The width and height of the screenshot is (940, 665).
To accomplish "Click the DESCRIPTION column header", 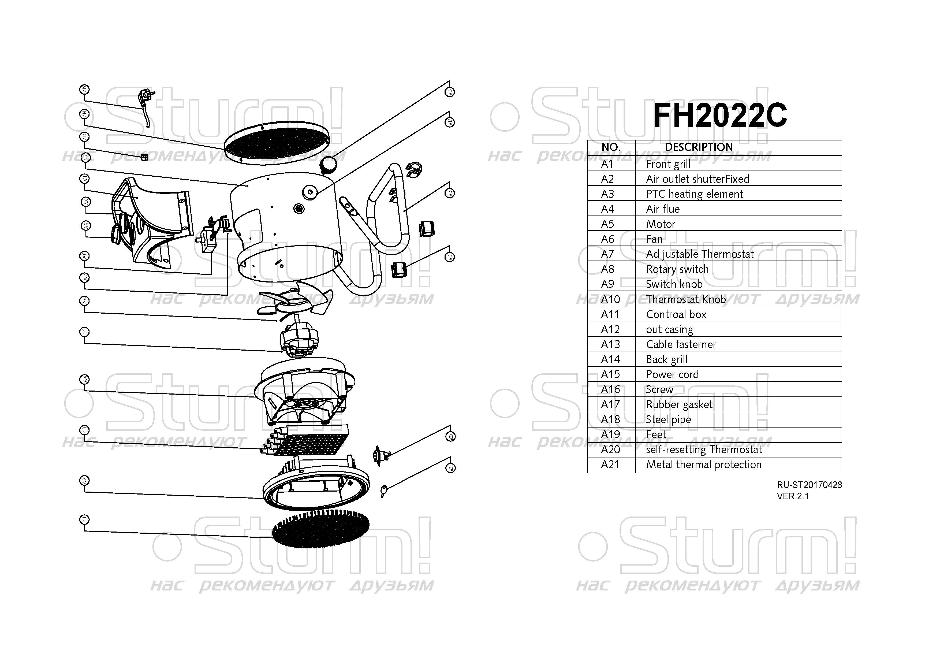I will (699, 147).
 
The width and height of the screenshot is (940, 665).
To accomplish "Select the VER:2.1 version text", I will (793, 496).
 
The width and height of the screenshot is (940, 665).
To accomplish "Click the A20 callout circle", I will (450, 437).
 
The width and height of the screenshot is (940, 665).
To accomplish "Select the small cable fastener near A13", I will (144, 157).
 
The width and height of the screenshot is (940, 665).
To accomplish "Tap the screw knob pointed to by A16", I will (328, 164).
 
